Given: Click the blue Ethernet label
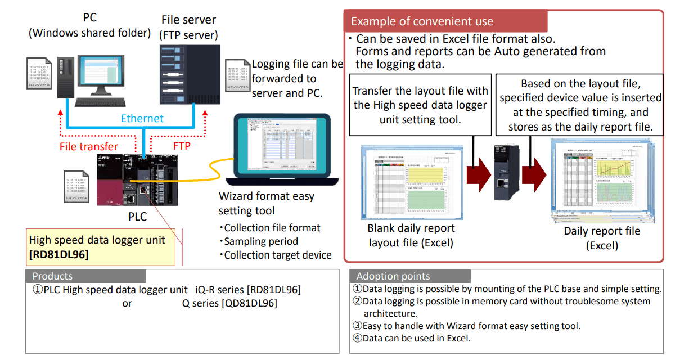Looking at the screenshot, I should click(142, 118).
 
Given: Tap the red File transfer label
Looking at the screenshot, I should click(89, 146).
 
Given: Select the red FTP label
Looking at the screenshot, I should click(182, 146).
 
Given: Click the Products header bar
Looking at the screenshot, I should click(85, 276).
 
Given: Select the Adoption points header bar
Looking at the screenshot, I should click(410, 276).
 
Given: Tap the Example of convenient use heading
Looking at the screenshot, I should click(422, 22).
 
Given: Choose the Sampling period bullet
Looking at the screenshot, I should click(258, 241).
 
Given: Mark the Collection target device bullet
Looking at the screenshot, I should click(275, 255).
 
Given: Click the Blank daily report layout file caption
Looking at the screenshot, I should click(411, 236).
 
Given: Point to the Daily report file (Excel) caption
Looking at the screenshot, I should click(602, 238).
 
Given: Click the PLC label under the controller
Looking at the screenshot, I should click(137, 217).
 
